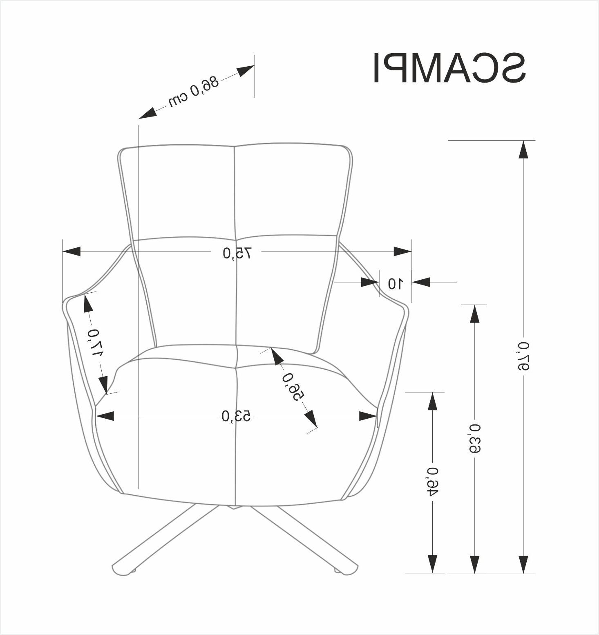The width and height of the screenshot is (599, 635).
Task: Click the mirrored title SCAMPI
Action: click(449, 68)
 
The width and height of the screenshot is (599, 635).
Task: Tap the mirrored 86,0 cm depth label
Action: click(194, 91)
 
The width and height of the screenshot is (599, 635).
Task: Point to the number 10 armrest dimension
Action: click(395, 283)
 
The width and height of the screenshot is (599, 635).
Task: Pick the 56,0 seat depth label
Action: click(293, 386)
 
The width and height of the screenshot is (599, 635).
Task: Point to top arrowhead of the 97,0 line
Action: click(523, 149)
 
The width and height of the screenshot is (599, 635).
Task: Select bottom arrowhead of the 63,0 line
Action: click(474, 565)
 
